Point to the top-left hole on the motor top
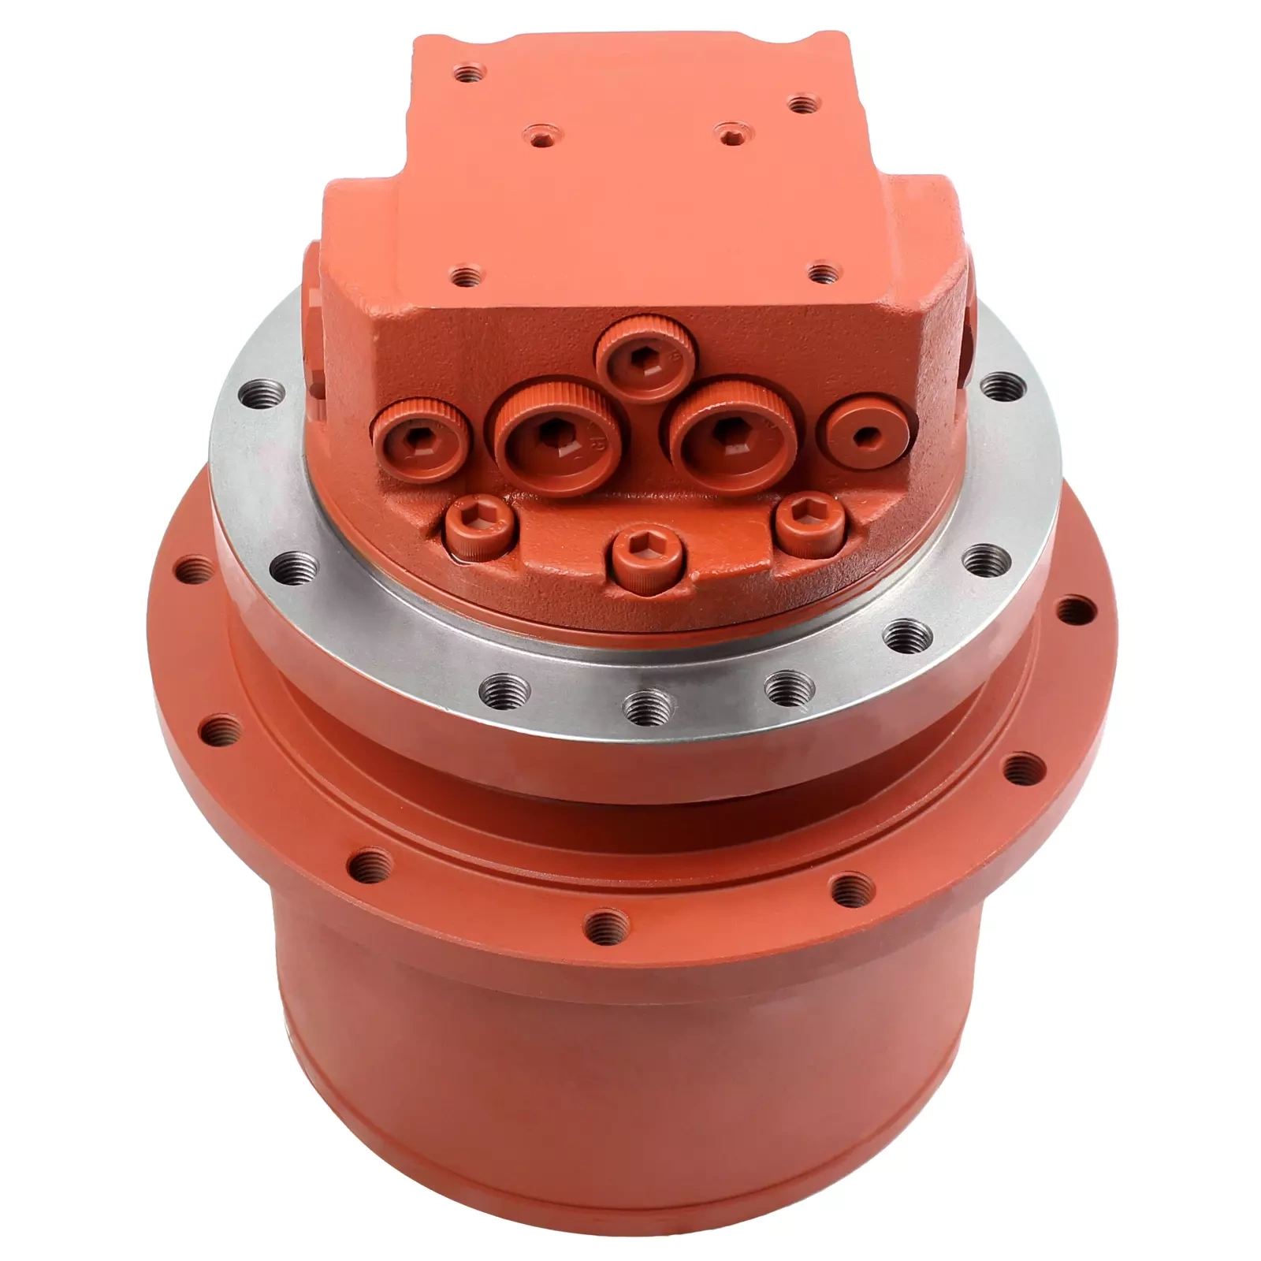coord(471,76)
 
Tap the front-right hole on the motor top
coord(824,274)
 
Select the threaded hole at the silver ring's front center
coord(645,701)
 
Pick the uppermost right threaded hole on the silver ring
coord(1002,386)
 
